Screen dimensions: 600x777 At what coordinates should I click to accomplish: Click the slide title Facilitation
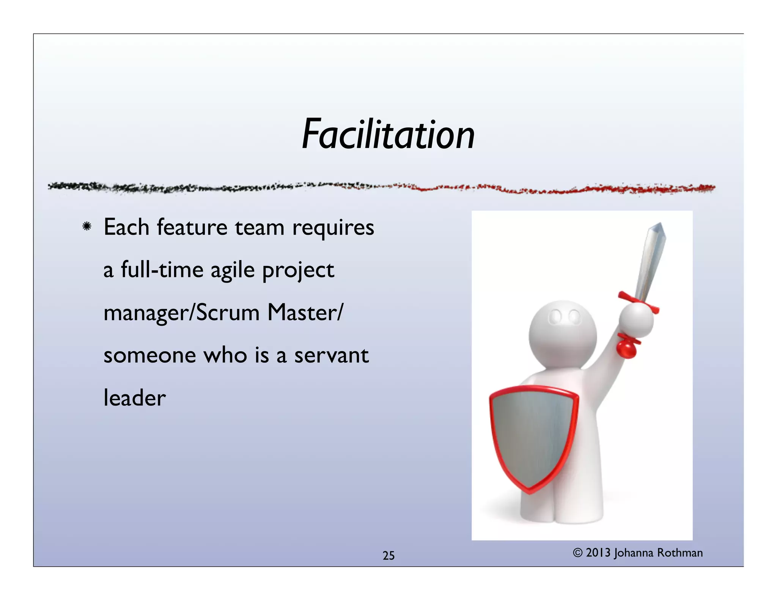coord(388,135)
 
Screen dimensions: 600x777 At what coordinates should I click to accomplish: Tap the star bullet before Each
coord(87,227)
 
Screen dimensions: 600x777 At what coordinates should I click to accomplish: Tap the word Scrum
coord(228,313)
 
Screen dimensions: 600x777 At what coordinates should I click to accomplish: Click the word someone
coord(149,356)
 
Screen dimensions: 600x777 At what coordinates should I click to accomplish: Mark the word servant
coord(331,356)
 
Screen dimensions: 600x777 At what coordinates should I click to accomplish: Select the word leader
coord(135,398)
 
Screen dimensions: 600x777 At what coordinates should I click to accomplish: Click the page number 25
coord(388,556)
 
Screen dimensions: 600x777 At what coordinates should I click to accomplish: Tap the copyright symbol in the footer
coord(577,553)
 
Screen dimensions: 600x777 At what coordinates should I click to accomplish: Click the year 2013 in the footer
coord(598,553)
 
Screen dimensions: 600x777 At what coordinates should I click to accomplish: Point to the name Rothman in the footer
coord(679,553)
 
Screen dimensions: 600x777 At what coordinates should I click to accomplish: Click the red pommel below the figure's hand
coord(626,348)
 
